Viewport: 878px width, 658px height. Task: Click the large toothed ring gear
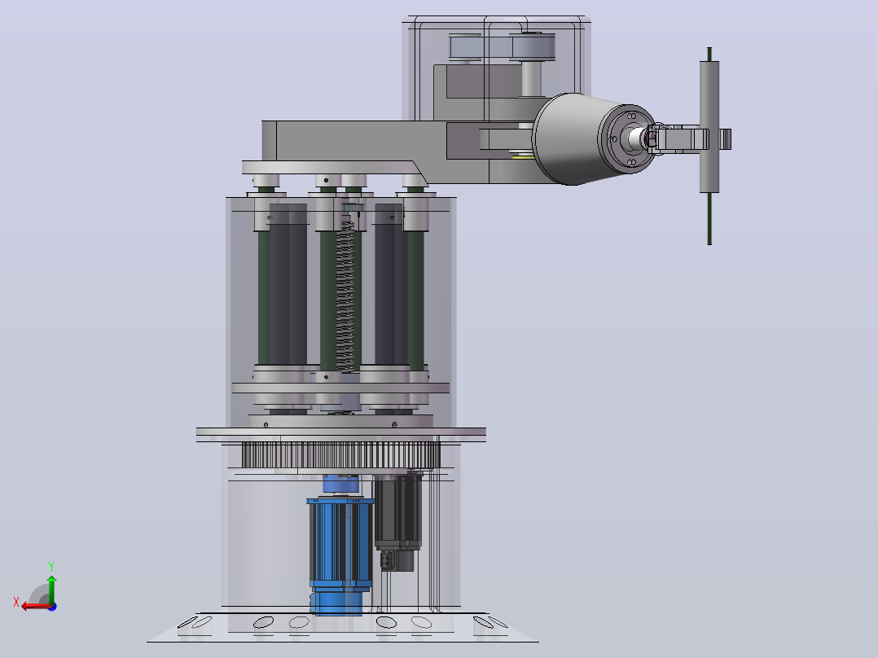341,454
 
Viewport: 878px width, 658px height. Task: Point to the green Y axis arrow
51,590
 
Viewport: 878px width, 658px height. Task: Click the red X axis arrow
37,606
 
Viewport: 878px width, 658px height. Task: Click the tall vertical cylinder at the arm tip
709,127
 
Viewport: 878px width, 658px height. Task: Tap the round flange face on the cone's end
627,138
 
